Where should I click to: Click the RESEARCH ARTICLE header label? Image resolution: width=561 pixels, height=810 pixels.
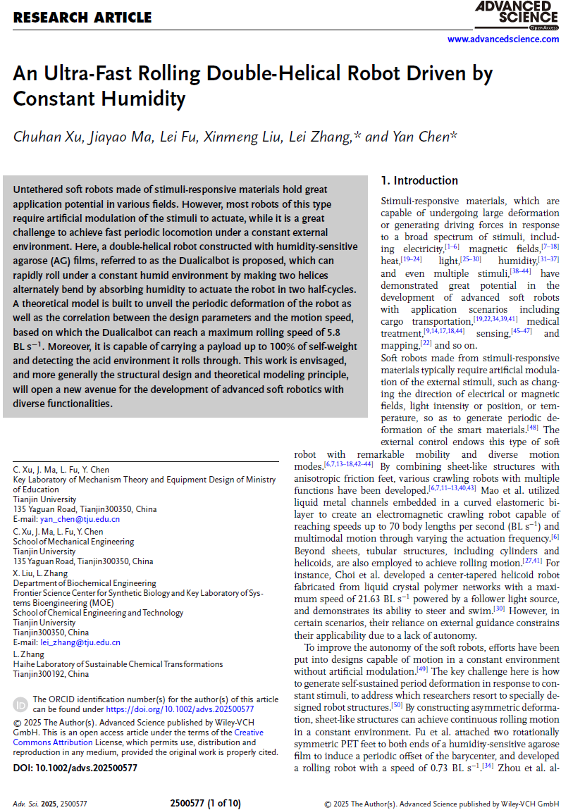click(x=82, y=17)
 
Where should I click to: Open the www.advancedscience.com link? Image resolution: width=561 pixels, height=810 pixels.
click(x=503, y=39)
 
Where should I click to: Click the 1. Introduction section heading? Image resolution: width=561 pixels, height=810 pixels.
click(x=419, y=180)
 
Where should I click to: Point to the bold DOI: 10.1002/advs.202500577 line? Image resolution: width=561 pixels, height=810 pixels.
click(x=75, y=768)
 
